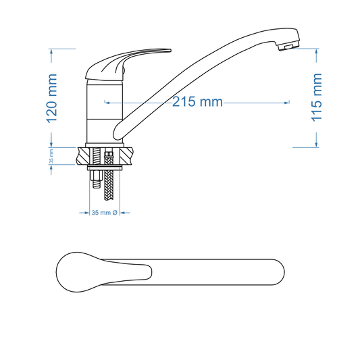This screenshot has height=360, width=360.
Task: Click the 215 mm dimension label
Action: coord(197,102)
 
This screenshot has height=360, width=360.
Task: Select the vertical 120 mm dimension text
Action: coord(52,97)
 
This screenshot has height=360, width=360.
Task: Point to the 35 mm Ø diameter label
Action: coord(105,212)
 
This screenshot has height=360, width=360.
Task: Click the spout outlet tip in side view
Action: coord(288,46)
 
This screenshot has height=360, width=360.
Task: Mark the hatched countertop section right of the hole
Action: coord(128,156)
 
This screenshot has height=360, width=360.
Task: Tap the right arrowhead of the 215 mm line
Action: coord(288,103)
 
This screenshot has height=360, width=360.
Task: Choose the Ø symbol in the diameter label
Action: coord(115,212)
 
